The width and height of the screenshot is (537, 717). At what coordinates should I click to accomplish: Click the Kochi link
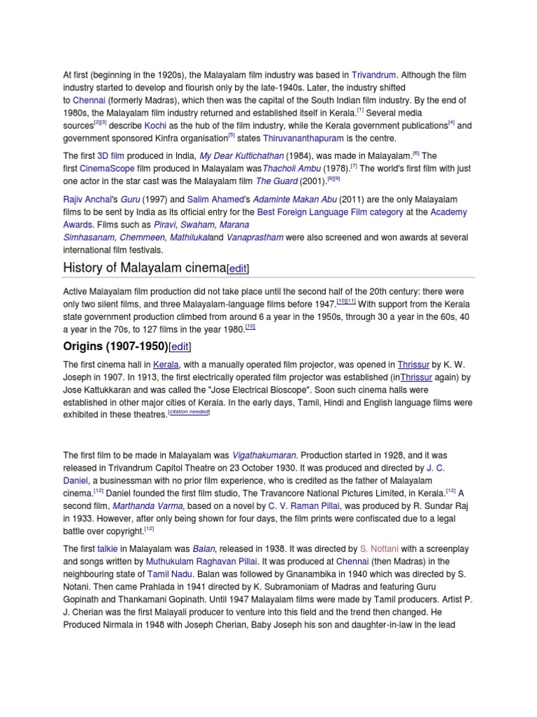155,125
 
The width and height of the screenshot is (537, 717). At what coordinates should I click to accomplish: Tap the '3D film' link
110,155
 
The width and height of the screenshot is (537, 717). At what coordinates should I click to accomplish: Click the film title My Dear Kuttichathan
245,155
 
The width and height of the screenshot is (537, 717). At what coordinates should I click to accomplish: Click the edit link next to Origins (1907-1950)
180,347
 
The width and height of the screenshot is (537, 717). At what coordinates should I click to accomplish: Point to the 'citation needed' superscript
189,413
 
